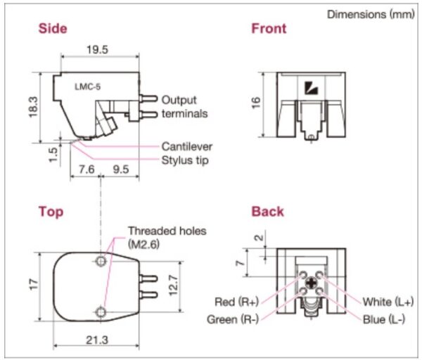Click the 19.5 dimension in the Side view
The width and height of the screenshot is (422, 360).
[x=97, y=50]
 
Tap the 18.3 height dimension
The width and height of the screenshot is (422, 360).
[x=34, y=108]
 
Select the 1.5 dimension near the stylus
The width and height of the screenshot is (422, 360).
[x=53, y=155]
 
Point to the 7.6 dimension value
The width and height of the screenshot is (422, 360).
[x=87, y=169]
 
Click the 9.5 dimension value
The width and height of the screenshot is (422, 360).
[x=121, y=169]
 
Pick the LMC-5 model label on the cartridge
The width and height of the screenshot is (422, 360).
[x=88, y=87]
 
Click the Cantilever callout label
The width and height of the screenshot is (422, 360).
[x=187, y=147]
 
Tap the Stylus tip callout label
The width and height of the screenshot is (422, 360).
[x=185, y=160]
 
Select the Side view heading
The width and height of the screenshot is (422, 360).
[x=53, y=29]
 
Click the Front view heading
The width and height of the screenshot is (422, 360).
[x=269, y=29]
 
